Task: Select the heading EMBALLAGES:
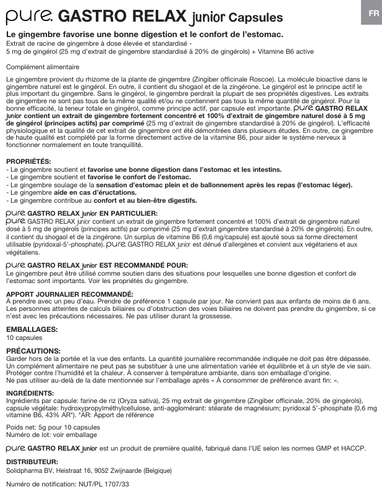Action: pos(32,329)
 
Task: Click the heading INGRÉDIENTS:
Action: pos(30,393)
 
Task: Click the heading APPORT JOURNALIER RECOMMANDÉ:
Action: pos(69,294)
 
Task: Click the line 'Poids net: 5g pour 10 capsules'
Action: pos(53,427)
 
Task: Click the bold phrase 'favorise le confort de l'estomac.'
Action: pos(138,177)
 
